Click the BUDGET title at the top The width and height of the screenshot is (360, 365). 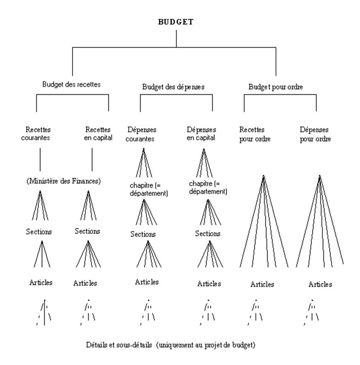(176, 22)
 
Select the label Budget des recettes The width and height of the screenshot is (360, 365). (71, 84)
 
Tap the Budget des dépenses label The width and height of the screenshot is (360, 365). (173, 87)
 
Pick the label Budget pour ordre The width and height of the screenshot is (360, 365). (276, 87)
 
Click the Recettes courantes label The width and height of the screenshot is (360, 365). (35, 134)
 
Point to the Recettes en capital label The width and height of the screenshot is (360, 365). (98, 134)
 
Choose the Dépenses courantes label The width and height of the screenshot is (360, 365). (141, 134)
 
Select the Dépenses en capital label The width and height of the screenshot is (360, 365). (201, 134)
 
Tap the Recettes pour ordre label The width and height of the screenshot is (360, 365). (255, 134)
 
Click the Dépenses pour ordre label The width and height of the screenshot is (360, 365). (315, 134)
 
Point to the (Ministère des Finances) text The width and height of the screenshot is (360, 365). (63, 181)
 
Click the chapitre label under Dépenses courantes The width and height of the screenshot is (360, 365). (149, 189)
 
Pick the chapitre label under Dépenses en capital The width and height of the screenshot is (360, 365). (208, 188)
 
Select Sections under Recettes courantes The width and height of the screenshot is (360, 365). (39, 232)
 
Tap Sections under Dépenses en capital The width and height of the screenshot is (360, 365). (208, 234)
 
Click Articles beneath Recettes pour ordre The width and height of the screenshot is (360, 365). (262, 284)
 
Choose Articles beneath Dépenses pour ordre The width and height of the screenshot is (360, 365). (320, 284)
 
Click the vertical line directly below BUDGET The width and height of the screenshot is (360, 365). (176, 39)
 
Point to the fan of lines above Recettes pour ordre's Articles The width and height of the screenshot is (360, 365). (264, 221)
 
